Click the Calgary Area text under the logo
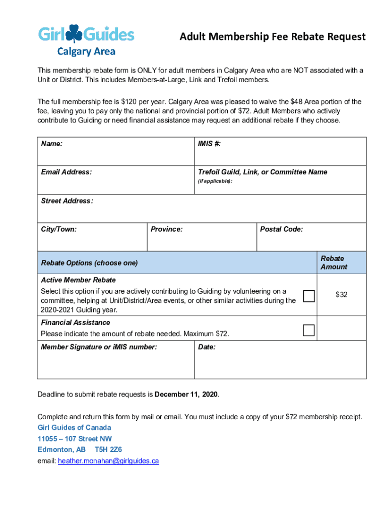86,51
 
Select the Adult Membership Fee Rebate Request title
273,37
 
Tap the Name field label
52,144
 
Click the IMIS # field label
209,144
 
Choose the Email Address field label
66,172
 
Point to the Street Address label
67,201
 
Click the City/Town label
58,229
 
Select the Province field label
166,229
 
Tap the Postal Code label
281,229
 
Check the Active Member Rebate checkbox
309,296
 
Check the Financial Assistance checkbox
309,331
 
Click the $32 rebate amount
341,294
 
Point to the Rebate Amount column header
333,263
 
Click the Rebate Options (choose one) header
89,263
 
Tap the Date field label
207,347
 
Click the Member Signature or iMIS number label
99,347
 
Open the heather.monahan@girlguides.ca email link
108,461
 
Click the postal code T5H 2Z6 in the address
108,449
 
